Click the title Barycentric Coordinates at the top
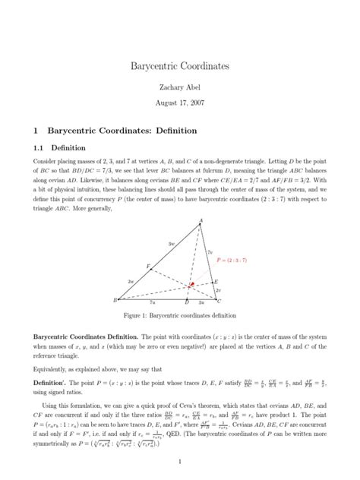[180, 67]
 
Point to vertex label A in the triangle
[201, 222]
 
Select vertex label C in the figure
[219, 302]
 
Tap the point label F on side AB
[148, 267]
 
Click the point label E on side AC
[216, 281]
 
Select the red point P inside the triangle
[191, 285]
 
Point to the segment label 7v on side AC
[210, 251]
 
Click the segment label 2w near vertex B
[131, 281]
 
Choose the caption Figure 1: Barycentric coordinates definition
[180, 315]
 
